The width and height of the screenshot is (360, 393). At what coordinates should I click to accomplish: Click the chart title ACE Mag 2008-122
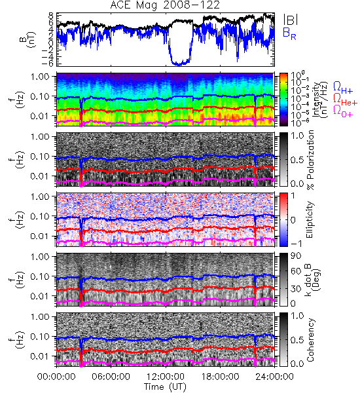coord(165,5)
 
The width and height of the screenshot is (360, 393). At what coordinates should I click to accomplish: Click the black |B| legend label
coord(291,19)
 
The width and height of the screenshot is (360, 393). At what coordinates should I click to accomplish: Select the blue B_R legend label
coord(289,33)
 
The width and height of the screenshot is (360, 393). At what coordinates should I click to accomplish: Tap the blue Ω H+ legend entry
coord(343,88)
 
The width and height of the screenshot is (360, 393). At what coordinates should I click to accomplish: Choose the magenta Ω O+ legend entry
coord(343,111)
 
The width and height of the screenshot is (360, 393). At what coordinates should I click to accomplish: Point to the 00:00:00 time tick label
coord(56,377)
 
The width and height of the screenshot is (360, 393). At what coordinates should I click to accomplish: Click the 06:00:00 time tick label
coord(111,377)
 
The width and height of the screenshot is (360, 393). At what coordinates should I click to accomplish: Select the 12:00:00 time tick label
coord(166,377)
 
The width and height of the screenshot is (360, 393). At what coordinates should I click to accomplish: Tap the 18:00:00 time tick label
coord(220,377)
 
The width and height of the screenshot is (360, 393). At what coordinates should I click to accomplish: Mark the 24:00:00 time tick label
coord(274,377)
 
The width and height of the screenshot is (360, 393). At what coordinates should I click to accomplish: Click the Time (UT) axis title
coord(165,386)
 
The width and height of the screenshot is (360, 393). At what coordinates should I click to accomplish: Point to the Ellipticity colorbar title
coord(310,219)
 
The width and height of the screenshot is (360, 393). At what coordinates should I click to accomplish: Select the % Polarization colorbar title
coord(310,160)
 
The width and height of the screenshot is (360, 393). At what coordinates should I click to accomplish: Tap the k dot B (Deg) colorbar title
coord(313,280)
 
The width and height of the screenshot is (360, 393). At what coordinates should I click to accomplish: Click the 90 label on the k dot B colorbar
coord(296,256)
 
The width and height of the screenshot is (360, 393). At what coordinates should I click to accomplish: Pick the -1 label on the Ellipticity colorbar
coord(295,244)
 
